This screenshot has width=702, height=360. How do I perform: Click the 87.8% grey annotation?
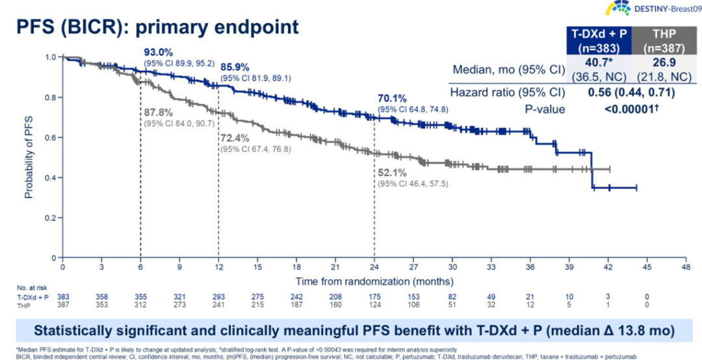pyautogui.click(x=159, y=110)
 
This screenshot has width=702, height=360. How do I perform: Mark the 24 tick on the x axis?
pyautogui.click(x=374, y=267)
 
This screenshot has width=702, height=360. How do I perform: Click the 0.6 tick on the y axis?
pyautogui.click(x=50, y=138)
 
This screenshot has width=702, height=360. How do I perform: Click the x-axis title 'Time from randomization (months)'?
pyautogui.click(x=374, y=281)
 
